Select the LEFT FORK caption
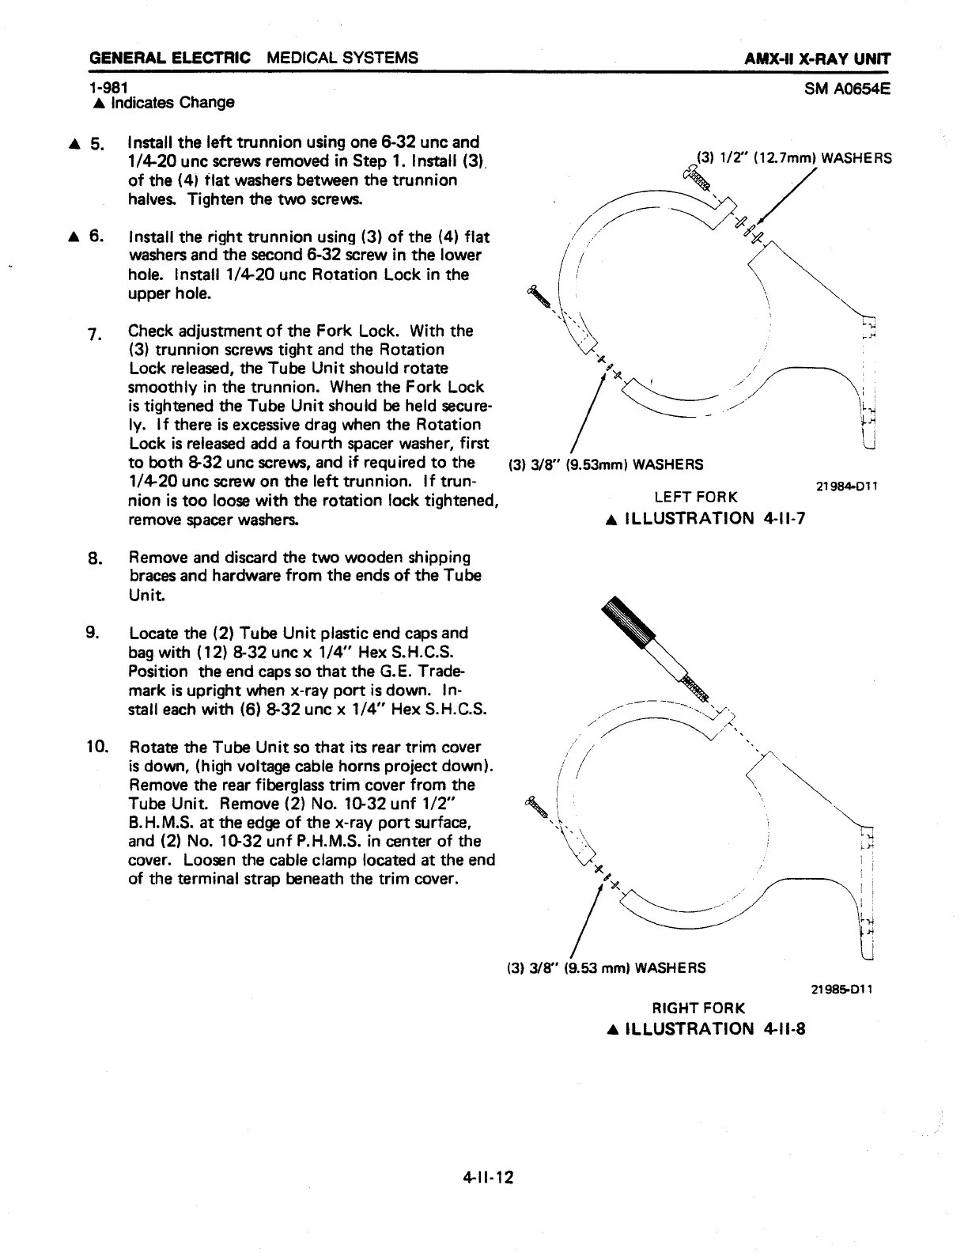tap(696, 497)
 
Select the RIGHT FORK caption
tap(697, 1008)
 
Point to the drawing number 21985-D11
tap(845, 989)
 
